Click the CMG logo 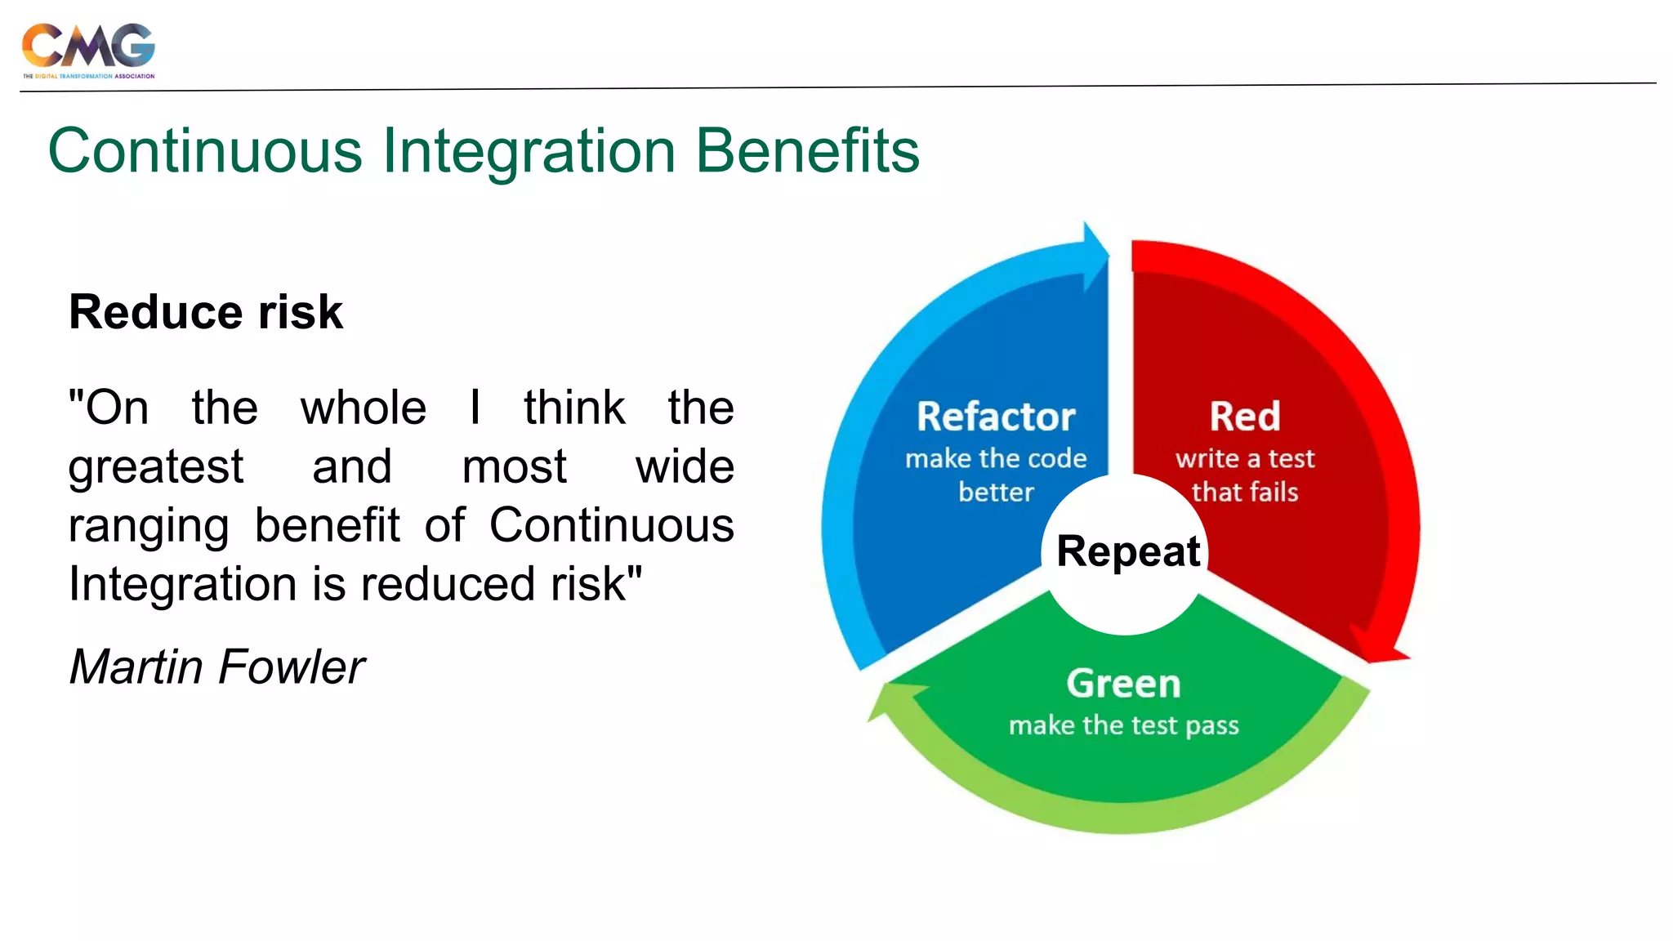(88, 49)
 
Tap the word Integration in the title (529, 151)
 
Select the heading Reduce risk (206, 312)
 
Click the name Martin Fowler (216, 667)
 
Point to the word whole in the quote (364, 408)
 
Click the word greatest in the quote (155, 467)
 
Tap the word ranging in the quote (149, 527)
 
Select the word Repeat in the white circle (1128, 551)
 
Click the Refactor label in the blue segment (996, 417)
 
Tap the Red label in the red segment (1245, 417)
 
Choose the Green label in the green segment (1123, 684)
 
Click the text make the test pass (1123, 725)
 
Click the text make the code (996, 458)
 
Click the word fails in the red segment (1273, 492)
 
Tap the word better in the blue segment (996, 492)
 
